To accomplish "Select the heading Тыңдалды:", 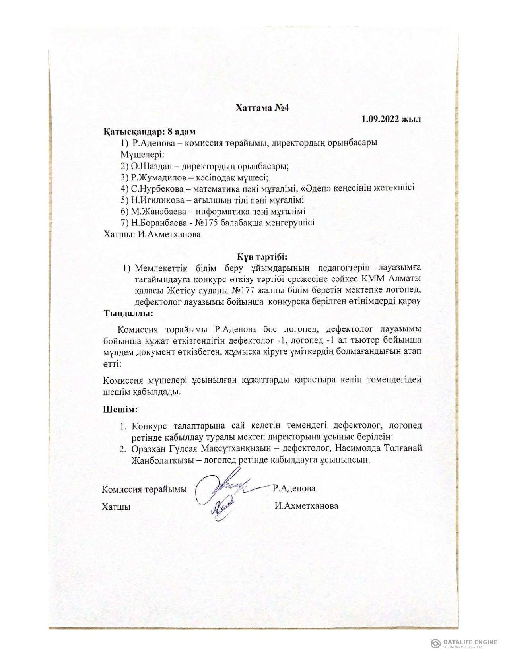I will point(128,313).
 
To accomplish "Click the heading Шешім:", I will point(120,409).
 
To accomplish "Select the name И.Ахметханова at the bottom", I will point(306,506).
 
